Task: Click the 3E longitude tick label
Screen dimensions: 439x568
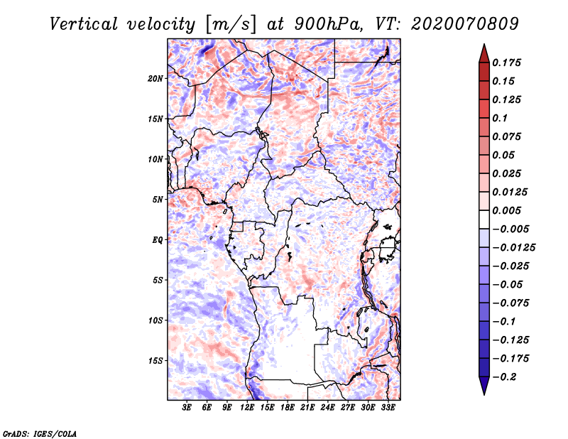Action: point(187,408)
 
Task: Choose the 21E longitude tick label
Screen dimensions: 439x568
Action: point(307,408)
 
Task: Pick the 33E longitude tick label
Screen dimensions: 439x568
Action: point(387,408)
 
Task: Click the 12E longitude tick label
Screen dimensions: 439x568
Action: point(247,408)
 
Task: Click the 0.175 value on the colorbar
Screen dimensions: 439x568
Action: point(508,63)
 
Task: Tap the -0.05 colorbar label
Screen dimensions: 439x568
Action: point(508,284)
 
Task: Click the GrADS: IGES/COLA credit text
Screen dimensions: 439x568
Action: point(39,433)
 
